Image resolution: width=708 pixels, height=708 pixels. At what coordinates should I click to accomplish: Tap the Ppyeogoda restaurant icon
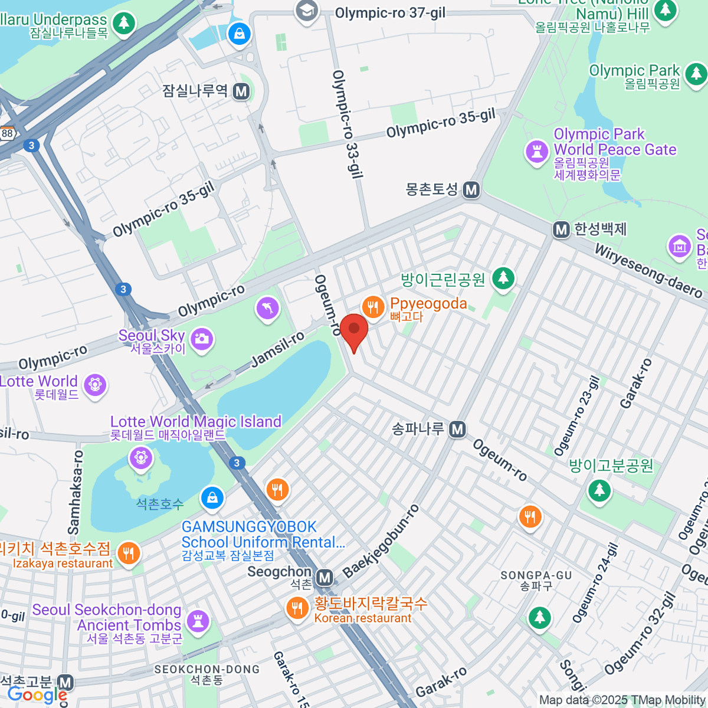pyautogui.click(x=372, y=307)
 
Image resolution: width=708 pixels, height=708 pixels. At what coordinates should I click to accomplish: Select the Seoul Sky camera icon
pyautogui.click(x=202, y=339)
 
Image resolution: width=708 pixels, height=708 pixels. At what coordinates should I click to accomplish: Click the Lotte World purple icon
pyautogui.click(x=94, y=385)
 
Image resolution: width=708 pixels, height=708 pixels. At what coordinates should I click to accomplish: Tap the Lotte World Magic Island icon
pyautogui.click(x=141, y=457)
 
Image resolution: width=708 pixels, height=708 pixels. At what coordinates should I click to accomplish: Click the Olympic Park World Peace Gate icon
pyautogui.click(x=537, y=151)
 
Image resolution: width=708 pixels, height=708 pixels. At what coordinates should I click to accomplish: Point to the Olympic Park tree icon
pyautogui.click(x=696, y=73)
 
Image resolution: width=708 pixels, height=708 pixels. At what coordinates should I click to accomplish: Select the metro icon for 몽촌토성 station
pyautogui.click(x=471, y=190)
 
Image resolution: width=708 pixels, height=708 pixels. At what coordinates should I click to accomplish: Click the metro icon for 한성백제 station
pyautogui.click(x=561, y=230)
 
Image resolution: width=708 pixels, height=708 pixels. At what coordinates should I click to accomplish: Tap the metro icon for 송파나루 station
pyautogui.click(x=457, y=430)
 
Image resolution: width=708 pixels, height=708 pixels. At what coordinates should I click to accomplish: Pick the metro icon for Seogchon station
pyautogui.click(x=324, y=578)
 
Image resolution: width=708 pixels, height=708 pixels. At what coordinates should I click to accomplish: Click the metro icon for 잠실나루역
pyautogui.click(x=241, y=91)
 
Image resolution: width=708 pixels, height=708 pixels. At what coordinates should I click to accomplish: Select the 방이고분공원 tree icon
pyautogui.click(x=599, y=489)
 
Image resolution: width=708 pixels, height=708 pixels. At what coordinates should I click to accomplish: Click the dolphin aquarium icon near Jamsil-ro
pyautogui.click(x=267, y=307)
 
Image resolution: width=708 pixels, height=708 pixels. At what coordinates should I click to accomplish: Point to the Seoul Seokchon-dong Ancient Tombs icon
pyautogui.click(x=198, y=621)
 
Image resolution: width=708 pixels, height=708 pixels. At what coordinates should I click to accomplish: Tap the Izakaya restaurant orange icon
pyautogui.click(x=128, y=553)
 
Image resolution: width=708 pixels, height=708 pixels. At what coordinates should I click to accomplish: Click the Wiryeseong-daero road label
pyautogui.click(x=648, y=271)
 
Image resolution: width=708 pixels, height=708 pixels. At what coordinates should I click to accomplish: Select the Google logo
pyautogui.click(x=37, y=695)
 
